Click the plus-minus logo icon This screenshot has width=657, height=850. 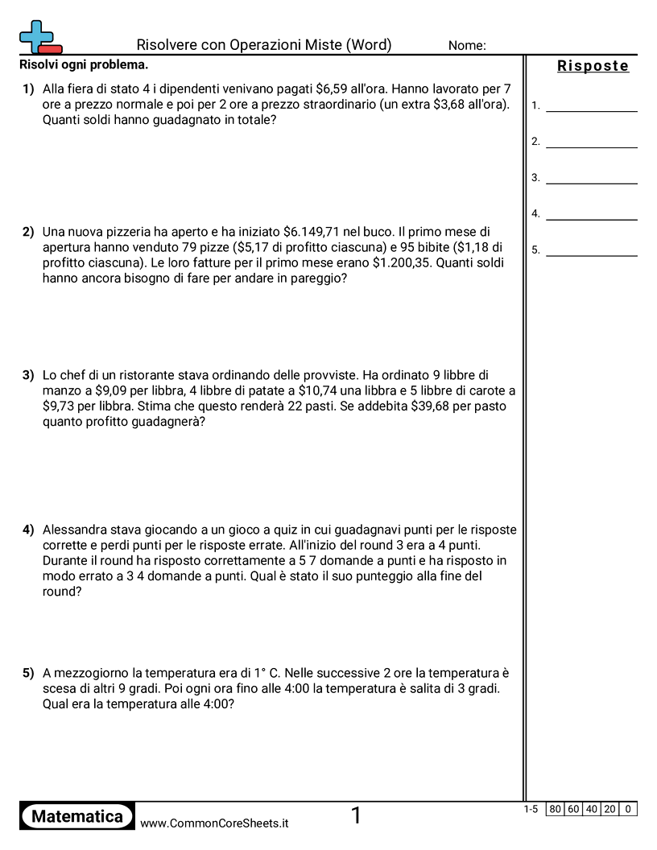(x=39, y=37)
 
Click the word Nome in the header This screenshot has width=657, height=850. (x=467, y=46)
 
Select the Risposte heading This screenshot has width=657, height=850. (x=593, y=66)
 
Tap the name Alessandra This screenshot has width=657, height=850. (x=79, y=530)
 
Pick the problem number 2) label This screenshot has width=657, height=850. (x=28, y=232)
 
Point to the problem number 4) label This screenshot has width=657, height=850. (x=28, y=530)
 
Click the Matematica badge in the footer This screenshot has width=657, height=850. (x=77, y=816)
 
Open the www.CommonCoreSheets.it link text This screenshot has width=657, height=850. (x=214, y=823)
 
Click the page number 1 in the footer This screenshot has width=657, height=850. (x=356, y=816)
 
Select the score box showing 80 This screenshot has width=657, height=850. (x=555, y=810)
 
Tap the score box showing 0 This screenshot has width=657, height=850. (x=628, y=810)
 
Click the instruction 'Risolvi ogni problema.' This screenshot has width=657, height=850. (x=84, y=64)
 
